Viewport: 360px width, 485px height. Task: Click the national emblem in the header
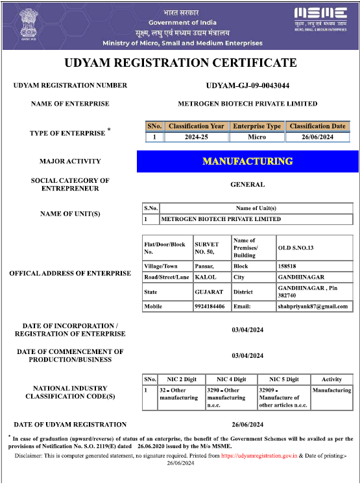28,24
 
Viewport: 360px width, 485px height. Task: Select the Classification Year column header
197,126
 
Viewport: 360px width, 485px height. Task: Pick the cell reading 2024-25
197,137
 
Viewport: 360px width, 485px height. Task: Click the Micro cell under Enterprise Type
257,137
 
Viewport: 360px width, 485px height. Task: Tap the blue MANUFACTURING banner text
247,161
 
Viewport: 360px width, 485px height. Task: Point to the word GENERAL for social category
247,184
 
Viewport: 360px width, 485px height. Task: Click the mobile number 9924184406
210,306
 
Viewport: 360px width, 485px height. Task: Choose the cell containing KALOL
206,279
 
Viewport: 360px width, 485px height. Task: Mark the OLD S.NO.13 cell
295,247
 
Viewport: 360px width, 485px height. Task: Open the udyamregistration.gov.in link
259,456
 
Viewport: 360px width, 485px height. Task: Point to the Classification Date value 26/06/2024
318,137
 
